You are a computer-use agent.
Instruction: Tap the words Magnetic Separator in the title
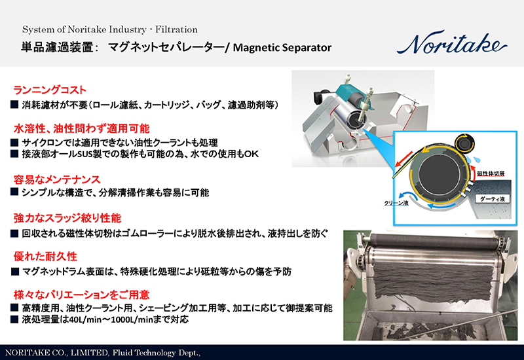(282, 48)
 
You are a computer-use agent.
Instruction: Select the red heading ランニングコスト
(50, 90)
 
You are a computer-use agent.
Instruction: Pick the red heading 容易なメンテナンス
(56, 179)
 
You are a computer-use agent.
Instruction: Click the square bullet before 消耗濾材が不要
(14, 104)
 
